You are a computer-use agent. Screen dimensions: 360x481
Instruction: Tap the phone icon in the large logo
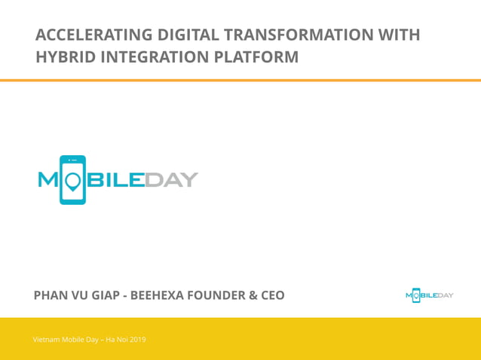click(72, 180)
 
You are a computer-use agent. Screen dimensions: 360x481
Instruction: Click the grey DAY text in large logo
click(173, 180)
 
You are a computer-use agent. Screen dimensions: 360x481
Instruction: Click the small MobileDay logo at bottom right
click(429, 295)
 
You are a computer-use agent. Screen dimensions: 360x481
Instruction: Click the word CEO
click(272, 295)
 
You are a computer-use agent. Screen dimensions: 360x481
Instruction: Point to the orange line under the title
click(240, 80)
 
